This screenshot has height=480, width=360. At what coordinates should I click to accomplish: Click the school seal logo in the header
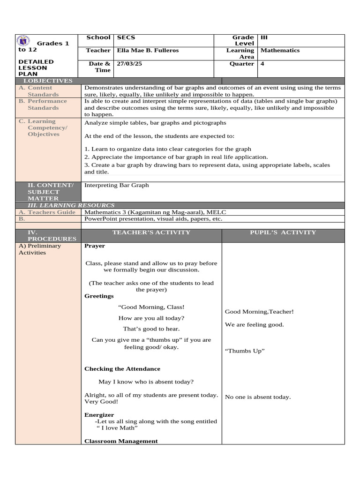pyautogui.click(x=24, y=41)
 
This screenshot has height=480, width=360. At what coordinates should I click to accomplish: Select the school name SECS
pyautogui.click(x=126, y=37)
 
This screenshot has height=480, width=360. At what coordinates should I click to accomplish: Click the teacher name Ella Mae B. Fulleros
pyautogui.click(x=147, y=51)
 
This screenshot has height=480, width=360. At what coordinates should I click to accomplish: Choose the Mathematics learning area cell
pyautogui.click(x=280, y=51)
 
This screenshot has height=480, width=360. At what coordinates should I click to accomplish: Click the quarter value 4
pyautogui.click(x=262, y=64)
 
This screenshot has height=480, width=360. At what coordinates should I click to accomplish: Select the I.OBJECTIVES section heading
pyautogui.click(x=48, y=81)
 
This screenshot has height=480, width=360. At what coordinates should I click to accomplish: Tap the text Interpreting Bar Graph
pyautogui.click(x=116, y=185)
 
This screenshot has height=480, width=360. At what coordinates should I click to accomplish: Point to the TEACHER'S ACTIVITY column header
pyautogui.click(x=151, y=232)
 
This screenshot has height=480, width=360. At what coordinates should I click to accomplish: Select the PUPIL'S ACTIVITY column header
pyautogui.click(x=283, y=232)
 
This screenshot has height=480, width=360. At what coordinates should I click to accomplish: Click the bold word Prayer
pyautogui.click(x=95, y=246)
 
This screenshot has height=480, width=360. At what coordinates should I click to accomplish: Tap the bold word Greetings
pyautogui.click(x=99, y=296)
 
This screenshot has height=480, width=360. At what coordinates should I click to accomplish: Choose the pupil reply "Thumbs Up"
pyautogui.click(x=245, y=351)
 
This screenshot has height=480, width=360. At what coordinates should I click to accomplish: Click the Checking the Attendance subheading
pyautogui.click(x=122, y=369)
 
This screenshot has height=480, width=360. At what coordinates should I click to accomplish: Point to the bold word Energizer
pyautogui.click(x=99, y=415)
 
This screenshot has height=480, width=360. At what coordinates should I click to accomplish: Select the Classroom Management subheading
pyautogui.click(x=121, y=441)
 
